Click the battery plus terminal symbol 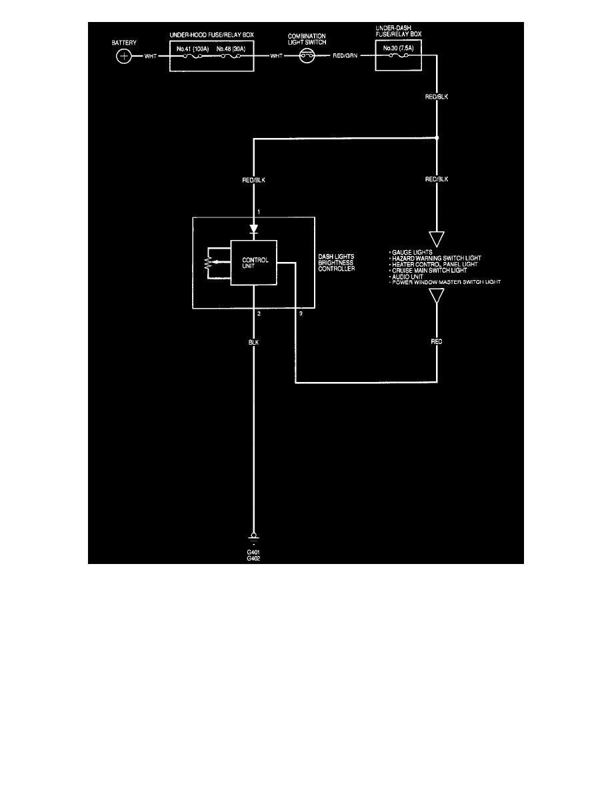click(124, 56)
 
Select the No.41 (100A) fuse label click(193, 49)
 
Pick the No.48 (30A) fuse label click(231, 49)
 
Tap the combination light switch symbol click(307, 56)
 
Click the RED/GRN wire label click(345, 55)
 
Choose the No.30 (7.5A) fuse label click(399, 48)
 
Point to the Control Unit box click(253, 263)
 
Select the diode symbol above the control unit click(253, 229)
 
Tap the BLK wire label click(253, 343)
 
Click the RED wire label click(437, 341)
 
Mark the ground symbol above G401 click(253, 537)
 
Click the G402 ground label click(253, 559)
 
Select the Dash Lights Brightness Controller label click(336, 263)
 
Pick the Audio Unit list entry click(407, 277)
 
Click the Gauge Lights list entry click(412, 252)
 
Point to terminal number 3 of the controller click(301, 314)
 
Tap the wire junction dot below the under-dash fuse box click(437, 137)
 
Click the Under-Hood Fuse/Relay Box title click(211, 35)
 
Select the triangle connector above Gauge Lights click(437, 239)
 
